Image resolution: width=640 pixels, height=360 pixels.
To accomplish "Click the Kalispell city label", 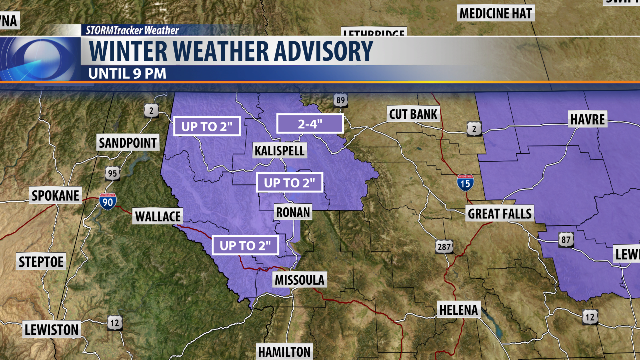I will coord(280,150).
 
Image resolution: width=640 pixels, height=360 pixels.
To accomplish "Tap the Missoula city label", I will coord(300,280).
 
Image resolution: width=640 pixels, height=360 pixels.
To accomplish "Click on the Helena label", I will coord(459,310).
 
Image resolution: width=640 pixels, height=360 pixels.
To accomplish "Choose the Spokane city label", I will coord(56,196).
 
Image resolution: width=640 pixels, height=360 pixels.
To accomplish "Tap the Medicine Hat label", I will coord(496,13).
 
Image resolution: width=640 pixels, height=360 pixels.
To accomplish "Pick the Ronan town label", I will coord(293,212).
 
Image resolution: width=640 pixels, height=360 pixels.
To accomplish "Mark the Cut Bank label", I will coord(413,114).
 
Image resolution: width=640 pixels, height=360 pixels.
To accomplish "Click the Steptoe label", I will coord(42,261).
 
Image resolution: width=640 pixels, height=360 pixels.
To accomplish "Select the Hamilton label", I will coord(284,351).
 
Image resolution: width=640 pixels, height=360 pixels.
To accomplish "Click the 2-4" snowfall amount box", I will coord(310,124).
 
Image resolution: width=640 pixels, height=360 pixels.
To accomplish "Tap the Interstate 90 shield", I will coord(107,201).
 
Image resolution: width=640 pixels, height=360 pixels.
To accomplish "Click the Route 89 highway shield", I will coord(341,100).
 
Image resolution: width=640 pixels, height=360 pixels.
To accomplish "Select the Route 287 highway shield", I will coord(444,246).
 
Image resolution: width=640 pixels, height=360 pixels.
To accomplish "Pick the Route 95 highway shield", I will coord(112,174).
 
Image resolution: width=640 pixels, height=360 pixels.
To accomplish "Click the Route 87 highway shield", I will coord(566,240).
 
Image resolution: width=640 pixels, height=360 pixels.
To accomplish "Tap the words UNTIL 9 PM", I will coord(127,73).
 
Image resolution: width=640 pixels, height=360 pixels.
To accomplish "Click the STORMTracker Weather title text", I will coord(132,30).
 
